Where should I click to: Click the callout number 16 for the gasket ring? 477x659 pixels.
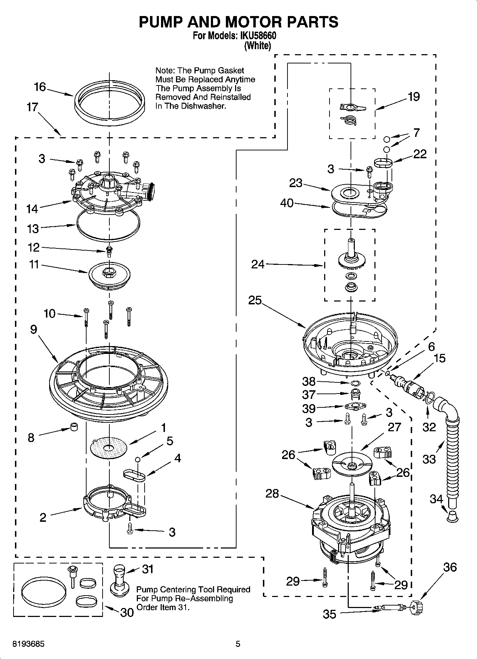point(40,87)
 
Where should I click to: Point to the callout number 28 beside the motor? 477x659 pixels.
point(272,494)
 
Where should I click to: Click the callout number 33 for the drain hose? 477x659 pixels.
point(429,459)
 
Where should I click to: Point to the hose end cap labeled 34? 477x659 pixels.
point(452,516)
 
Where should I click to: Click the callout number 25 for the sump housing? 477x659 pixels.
point(255,300)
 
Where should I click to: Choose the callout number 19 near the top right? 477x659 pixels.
point(414,97)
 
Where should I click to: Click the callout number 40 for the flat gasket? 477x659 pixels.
point(287,203)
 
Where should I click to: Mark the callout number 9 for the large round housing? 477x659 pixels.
point(33,329)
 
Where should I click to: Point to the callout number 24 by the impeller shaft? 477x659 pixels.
point(258,264)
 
